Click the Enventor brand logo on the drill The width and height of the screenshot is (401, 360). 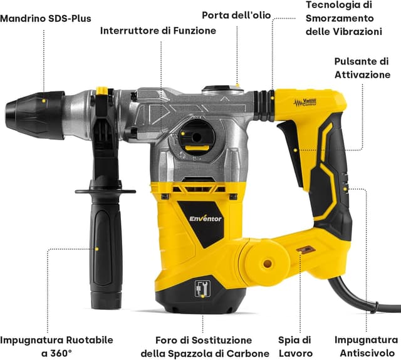[206, 219]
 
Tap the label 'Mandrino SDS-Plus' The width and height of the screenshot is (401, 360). [46, 18]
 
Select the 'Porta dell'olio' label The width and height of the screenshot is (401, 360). [236, 15]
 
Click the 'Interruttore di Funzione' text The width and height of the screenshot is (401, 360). [158, 31]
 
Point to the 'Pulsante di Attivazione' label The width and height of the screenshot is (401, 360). [362, 68]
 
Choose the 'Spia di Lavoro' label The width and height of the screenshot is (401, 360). [295, 347]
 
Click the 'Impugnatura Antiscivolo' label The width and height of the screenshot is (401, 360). [366, 346]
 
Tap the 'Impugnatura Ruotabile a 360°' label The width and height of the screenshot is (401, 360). [56, 347]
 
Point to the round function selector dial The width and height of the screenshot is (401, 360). [197, 136]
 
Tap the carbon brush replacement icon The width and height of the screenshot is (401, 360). [202, 289]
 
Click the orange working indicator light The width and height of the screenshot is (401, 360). [306, 249]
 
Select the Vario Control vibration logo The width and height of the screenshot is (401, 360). [305, 103]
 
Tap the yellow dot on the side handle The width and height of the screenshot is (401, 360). [96, 249]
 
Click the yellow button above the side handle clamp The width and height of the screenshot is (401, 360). [102, 91]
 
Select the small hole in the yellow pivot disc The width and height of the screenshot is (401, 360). [268, 263]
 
